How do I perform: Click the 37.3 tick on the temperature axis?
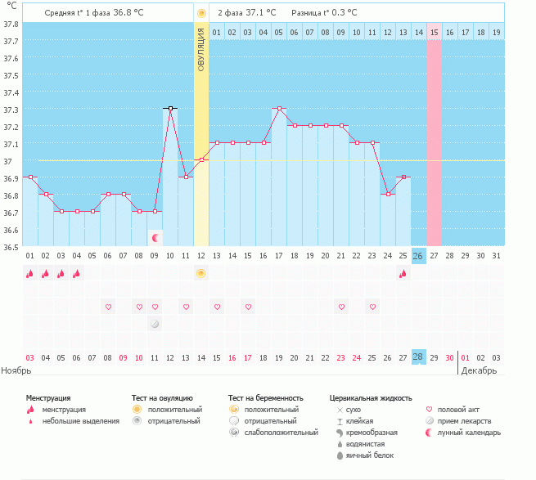tap(11, 110)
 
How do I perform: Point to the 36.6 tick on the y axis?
tap(11, 230)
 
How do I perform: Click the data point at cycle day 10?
tap(170, 108)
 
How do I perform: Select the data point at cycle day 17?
tap(279, 108)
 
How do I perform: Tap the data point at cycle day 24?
tap(388, 194)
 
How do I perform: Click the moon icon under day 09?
tap(155, 237)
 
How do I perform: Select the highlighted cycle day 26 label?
tap(418, 256)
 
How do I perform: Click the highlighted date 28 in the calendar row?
tap(418, 357)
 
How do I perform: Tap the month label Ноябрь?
tap(16, 370)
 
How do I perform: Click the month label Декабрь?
tap(479, 370)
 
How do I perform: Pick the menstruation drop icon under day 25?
tap(403, 274)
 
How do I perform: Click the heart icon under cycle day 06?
tap(107, 307)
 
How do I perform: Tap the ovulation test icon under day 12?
tap(201, 274)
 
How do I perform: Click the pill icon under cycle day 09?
tap(155, 325)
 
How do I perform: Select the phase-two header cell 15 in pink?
tap(434, 32)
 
